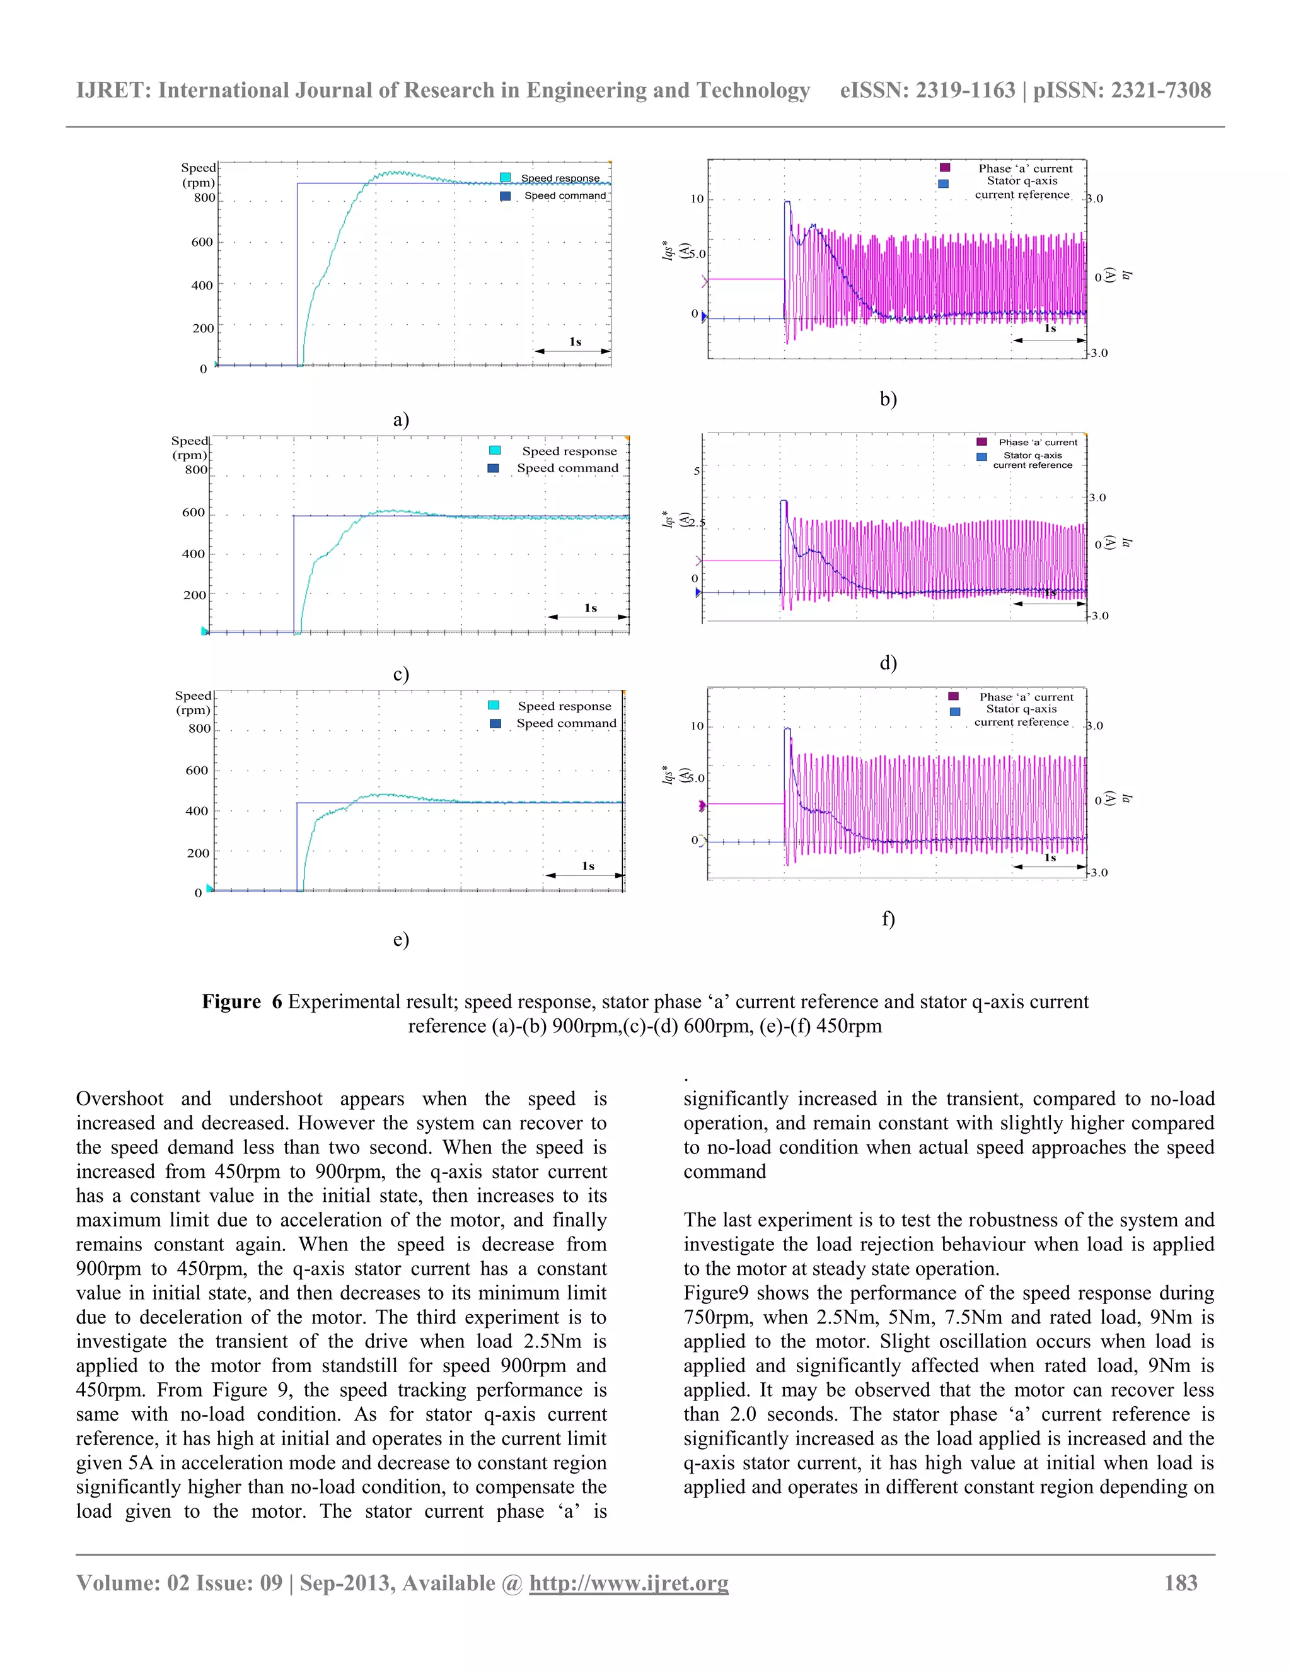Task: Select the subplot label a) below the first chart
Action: coord(401,419)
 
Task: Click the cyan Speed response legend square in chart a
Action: coord(505,178)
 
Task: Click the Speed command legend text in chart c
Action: coord(567,469)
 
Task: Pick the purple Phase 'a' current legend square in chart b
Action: coord(946,168)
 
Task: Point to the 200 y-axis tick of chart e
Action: coord(197,853)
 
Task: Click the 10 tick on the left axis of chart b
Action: coord(697,199)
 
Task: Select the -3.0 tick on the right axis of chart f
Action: coord(1097,872)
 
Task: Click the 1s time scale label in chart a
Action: coord(574,342)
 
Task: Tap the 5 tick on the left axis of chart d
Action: coord(696,470)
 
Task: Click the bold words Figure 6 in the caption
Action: coord(241,1001)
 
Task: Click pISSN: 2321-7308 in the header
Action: coord(1122,90)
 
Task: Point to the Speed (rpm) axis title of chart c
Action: coord(190,448)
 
